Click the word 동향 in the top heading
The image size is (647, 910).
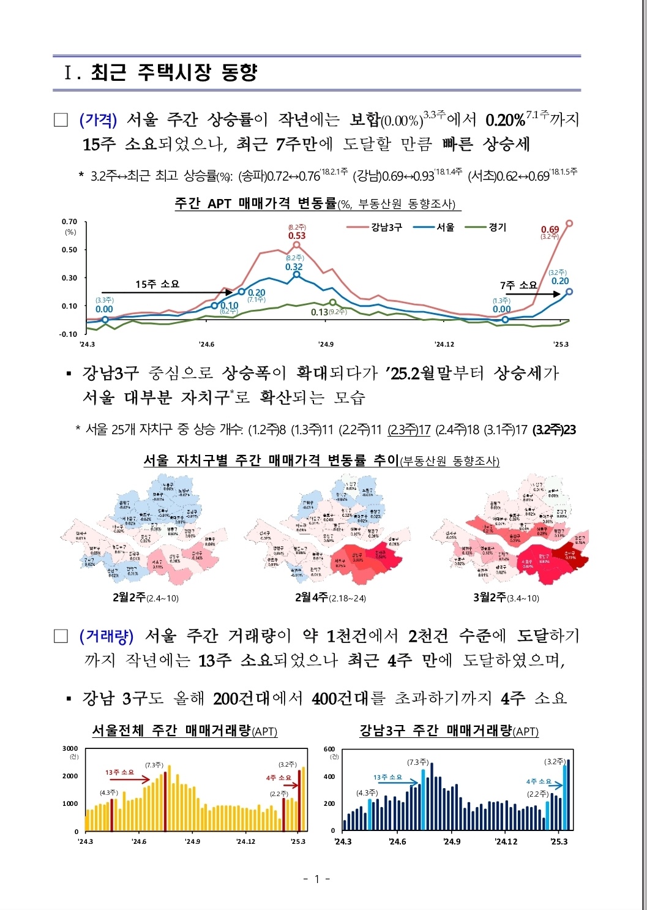coord(239,72)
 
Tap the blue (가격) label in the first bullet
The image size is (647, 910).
coord(98,119)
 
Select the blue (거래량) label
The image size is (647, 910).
coord(106,636)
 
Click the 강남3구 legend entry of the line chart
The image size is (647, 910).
coord(386,227)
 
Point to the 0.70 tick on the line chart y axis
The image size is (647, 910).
coord(70,222)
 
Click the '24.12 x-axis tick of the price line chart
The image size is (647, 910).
coord(444,344)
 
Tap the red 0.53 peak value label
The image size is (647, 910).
coord(297,236)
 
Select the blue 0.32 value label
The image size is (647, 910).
coord(294,267)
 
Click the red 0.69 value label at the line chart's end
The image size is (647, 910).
coord(550,230)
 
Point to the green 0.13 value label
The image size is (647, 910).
coord(320,312)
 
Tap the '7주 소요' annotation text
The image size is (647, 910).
coord(518,285)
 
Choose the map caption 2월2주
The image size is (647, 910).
coord(129,597)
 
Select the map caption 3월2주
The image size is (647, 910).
coord(490,597)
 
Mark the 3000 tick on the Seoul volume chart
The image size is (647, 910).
coord(70,748)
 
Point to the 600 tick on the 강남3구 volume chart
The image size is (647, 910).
coord(329,749)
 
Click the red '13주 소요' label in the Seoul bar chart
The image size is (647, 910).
coord(119,772)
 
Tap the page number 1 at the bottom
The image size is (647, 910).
coord(317,879)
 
